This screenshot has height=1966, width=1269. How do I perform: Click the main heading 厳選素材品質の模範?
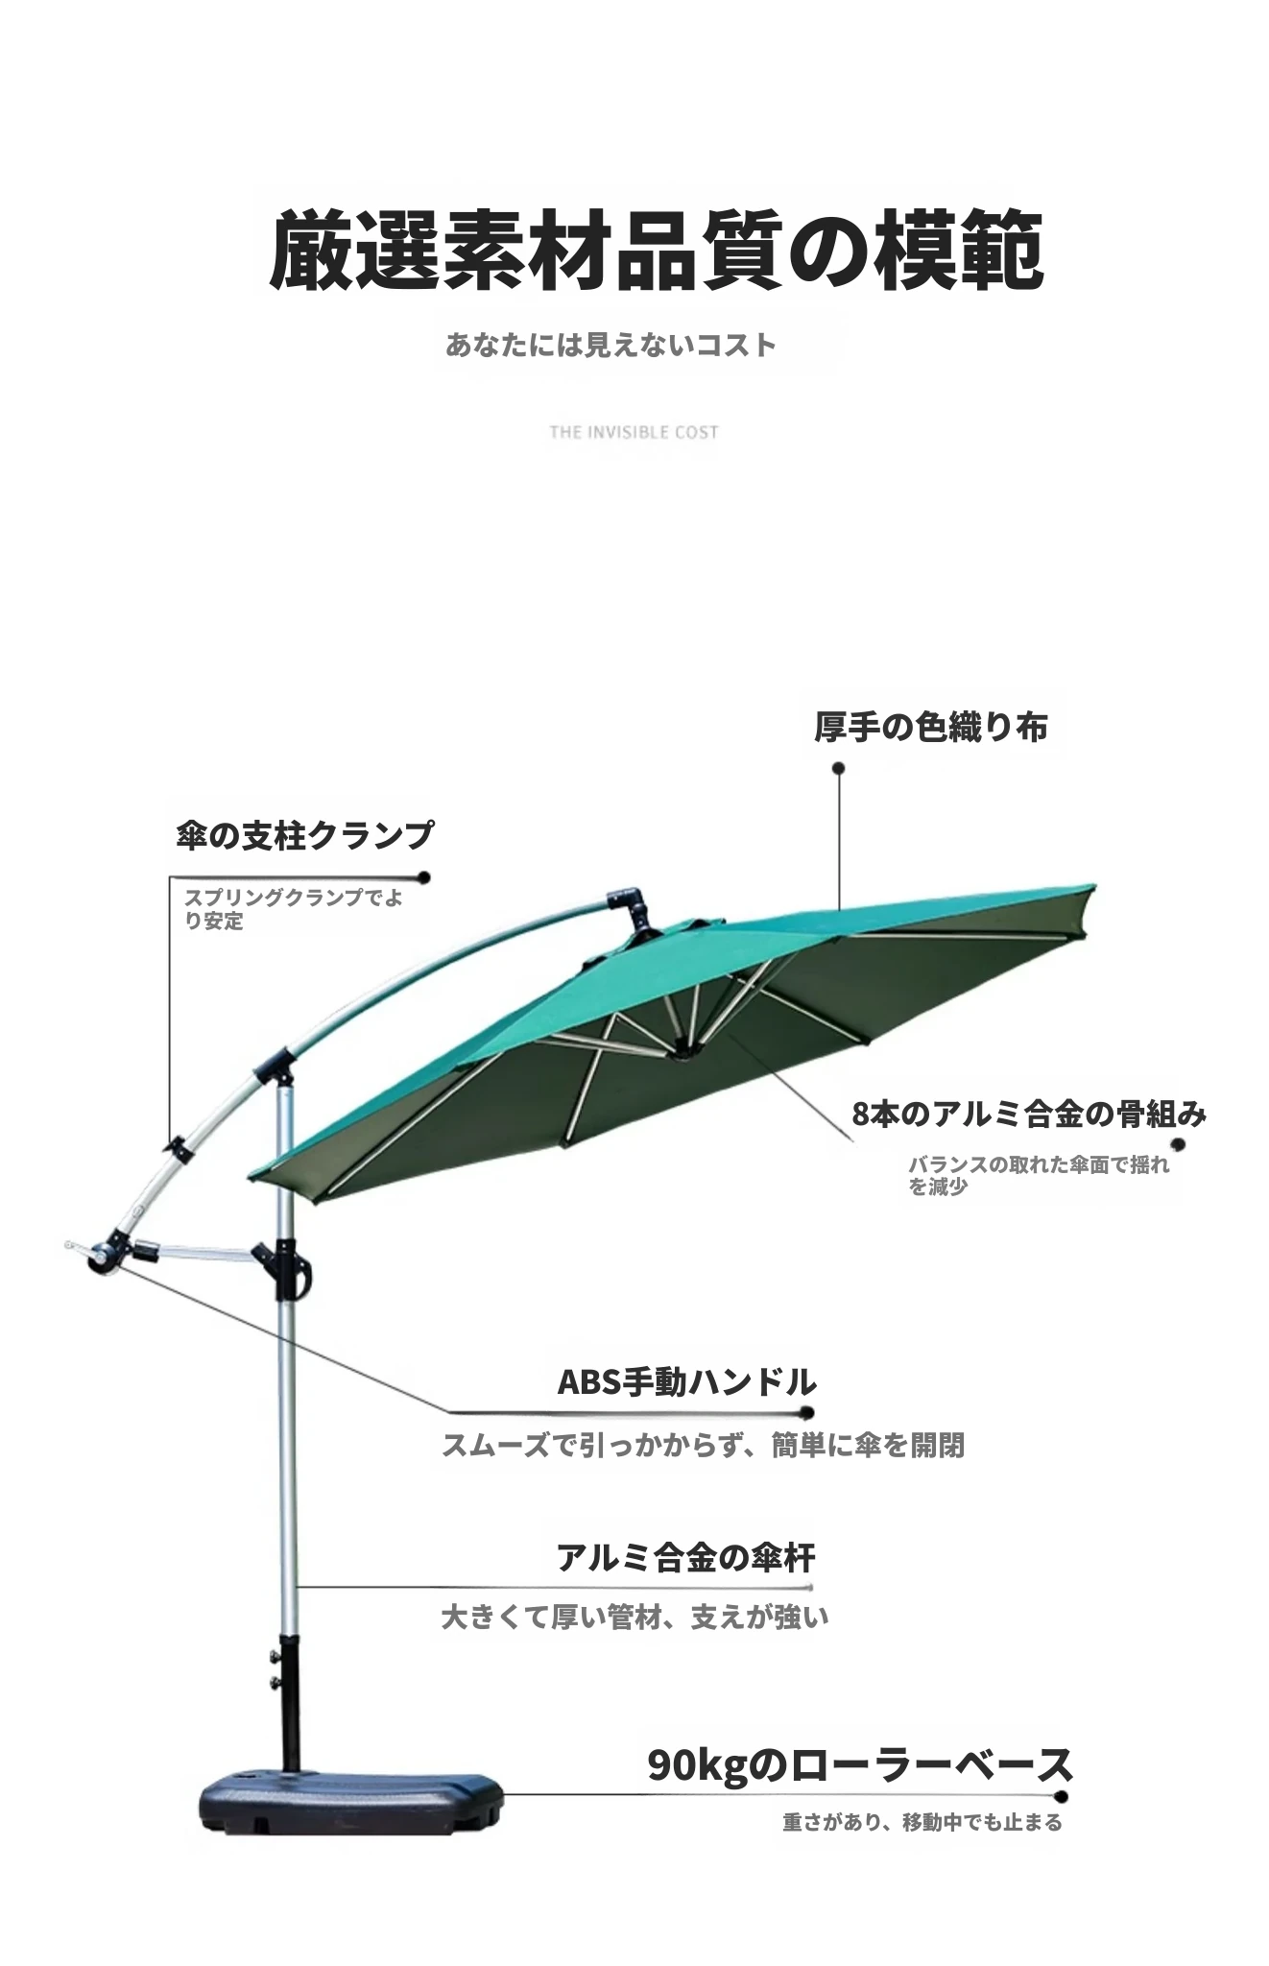click(657, 252)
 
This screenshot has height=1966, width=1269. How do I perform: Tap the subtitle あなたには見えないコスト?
click(611, 345)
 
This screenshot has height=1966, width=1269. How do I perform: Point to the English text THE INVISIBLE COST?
click(634, 432)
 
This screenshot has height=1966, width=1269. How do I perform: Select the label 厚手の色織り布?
click(930, 727)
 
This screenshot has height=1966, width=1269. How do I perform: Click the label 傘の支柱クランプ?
click(304, 834)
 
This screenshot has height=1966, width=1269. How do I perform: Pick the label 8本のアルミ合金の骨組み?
click(1029, 1114)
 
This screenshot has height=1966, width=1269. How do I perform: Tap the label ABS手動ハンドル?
click(687, 1382)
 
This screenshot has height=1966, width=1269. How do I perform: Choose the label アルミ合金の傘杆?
click(686, 1557)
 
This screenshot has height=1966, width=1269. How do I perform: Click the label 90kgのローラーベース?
click(860, 1764)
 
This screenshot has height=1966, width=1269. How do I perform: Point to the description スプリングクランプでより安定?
click(293, 909)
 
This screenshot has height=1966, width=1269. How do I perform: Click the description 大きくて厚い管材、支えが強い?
click(634, 1617)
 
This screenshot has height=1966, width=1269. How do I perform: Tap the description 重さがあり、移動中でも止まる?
click(922, 1822)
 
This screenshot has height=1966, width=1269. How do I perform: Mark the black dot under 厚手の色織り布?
click(838, 768)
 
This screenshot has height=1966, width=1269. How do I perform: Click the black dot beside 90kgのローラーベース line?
click(1061, 1796)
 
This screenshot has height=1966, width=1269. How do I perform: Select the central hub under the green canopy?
click(688, 1050)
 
